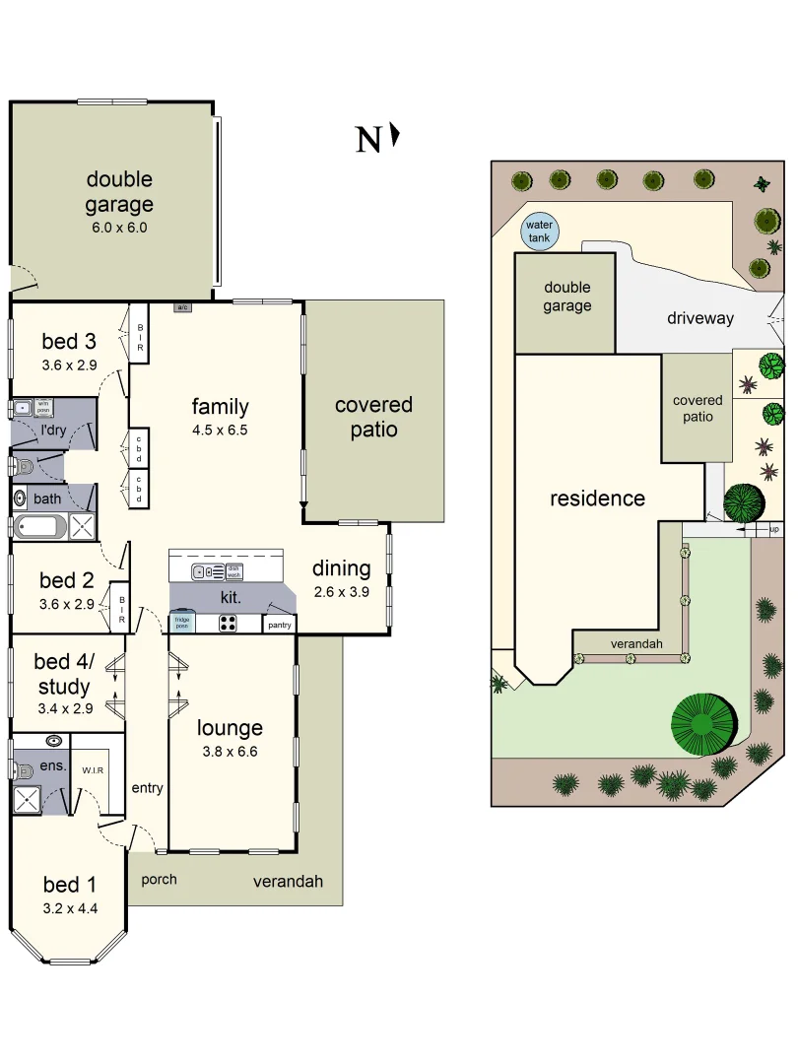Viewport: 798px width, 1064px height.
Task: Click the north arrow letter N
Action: click(368, 141)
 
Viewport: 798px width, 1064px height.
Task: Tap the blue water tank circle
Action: click(539, 232)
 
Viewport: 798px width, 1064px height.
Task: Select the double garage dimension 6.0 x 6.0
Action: click(119, 228)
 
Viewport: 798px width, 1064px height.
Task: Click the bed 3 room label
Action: click(69, 342)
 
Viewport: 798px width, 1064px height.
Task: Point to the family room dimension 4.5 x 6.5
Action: click(220, 430)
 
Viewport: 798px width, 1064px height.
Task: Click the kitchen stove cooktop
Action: click(228, 623)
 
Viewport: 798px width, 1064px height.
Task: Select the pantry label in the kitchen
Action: click(280, 624)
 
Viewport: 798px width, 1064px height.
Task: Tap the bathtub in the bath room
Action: click(39, 527)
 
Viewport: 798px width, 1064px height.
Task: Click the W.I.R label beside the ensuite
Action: click(93, 770)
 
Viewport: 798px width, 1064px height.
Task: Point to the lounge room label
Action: click(230, 728)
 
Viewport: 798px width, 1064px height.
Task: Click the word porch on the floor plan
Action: click(159, 879)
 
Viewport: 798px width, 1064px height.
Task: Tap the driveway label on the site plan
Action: click(700, 317)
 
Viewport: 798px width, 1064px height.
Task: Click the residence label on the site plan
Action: click(597, 498)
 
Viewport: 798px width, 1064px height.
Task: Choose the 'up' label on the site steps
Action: click(774, 530)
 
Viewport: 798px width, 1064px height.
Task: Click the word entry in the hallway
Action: click(147, 787)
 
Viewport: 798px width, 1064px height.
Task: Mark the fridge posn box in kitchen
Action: click(182, 623)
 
